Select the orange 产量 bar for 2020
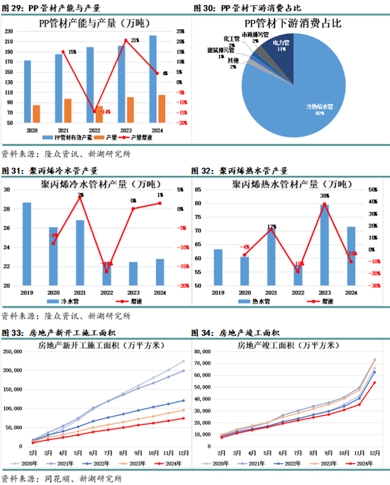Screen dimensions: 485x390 click(x=36, y=113)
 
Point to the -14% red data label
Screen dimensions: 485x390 click(x=105, y=112)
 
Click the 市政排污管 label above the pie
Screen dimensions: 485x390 click(x=251, y=33)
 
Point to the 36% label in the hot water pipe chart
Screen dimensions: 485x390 click(x=324, y=196)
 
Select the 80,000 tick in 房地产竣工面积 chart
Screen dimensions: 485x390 click(x=205, y=352)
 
